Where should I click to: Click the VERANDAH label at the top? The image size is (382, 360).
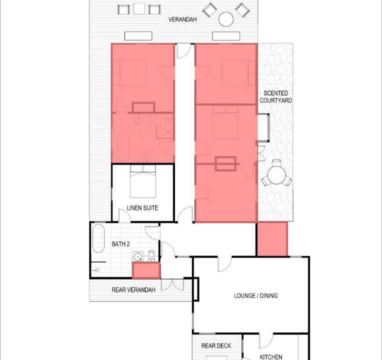[x=182, y=19]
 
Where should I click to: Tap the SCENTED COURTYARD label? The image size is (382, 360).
[x=276, y=96]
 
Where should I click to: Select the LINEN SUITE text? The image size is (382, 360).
[x=142, y=208]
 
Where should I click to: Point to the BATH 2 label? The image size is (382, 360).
[x=120, y=244]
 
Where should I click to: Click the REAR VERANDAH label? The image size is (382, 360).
[x=133, y=290]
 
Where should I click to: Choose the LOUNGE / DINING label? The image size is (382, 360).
[x=256, y=295]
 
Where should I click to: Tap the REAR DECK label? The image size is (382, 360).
[x=216, y=345]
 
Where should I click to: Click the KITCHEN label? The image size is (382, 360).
[x=271, y=357]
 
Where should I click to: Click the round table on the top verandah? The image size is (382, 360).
[x=226, y=19]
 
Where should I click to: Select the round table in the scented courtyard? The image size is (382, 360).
[x=276, y=175]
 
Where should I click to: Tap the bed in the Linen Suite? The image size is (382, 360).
[x=143, y=181]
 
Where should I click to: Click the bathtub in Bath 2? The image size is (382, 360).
[x=98, y=238]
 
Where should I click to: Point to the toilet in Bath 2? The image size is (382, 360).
[x=151, y=256]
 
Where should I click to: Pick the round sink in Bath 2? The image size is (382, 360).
[x=138, y=257]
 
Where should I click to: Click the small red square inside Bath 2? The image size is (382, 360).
[x=146, y=270]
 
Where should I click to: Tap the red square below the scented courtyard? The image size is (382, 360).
[x=272, y=239]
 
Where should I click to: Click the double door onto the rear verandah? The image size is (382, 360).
[x=172, y=284]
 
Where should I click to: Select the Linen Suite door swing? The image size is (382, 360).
[x=124, y=215]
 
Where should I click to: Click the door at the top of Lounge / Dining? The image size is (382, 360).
[x=224, y=264]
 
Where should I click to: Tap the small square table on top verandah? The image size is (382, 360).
[x=139, y=8]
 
